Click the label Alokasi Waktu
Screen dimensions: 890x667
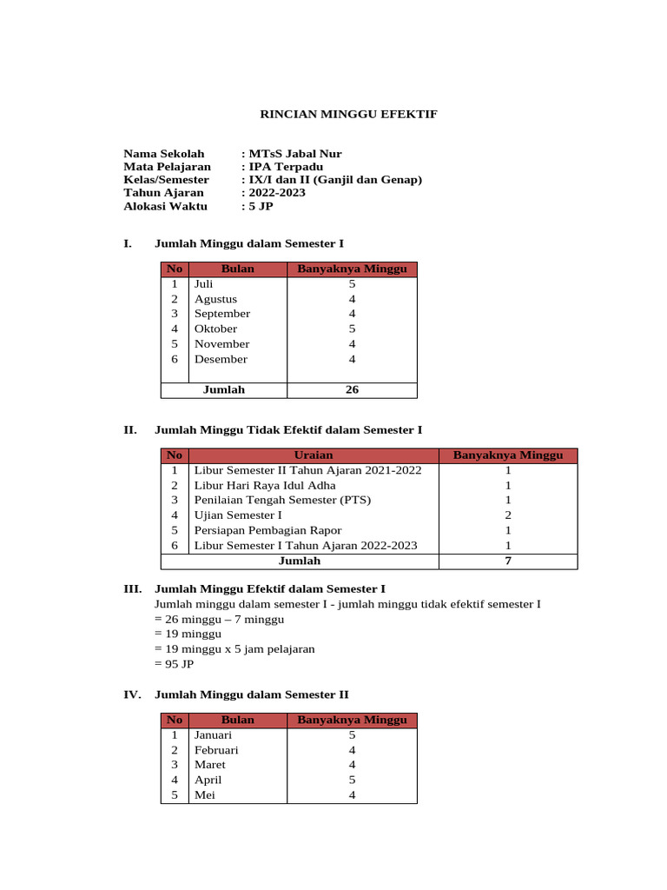[165, 206]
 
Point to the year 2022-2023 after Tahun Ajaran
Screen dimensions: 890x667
[276, 193]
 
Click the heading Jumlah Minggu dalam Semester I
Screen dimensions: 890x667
[254, 243]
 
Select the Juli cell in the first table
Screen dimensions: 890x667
[204, 284]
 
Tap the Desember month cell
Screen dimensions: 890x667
[221, 359]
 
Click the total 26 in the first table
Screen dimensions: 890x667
[352, 389]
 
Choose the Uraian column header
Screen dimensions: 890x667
[314, 455]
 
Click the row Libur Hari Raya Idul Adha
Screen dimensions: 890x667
[265, 485]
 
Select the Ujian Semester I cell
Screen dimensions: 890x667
[238, 515]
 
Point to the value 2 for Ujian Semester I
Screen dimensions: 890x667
[508, 515]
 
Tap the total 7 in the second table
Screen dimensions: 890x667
[508, 561]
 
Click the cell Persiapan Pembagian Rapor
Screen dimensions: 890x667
[267, 530]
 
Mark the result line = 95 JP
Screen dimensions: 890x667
[174, 664]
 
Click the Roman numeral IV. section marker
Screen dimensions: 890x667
[133, 694]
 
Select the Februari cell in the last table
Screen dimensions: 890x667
[216, 750]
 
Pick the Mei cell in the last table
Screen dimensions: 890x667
[204, 794]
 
